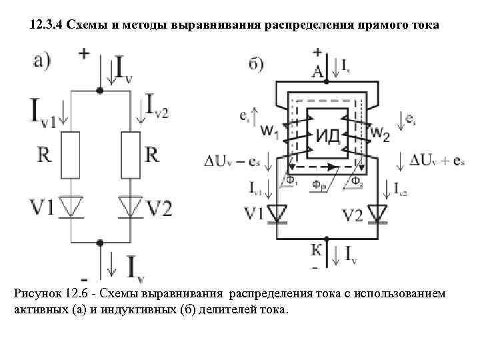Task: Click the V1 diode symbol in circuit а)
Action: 71,207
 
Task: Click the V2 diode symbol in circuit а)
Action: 131,207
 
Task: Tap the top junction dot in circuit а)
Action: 100,89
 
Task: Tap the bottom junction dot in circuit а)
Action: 100,243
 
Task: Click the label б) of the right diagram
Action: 255,65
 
